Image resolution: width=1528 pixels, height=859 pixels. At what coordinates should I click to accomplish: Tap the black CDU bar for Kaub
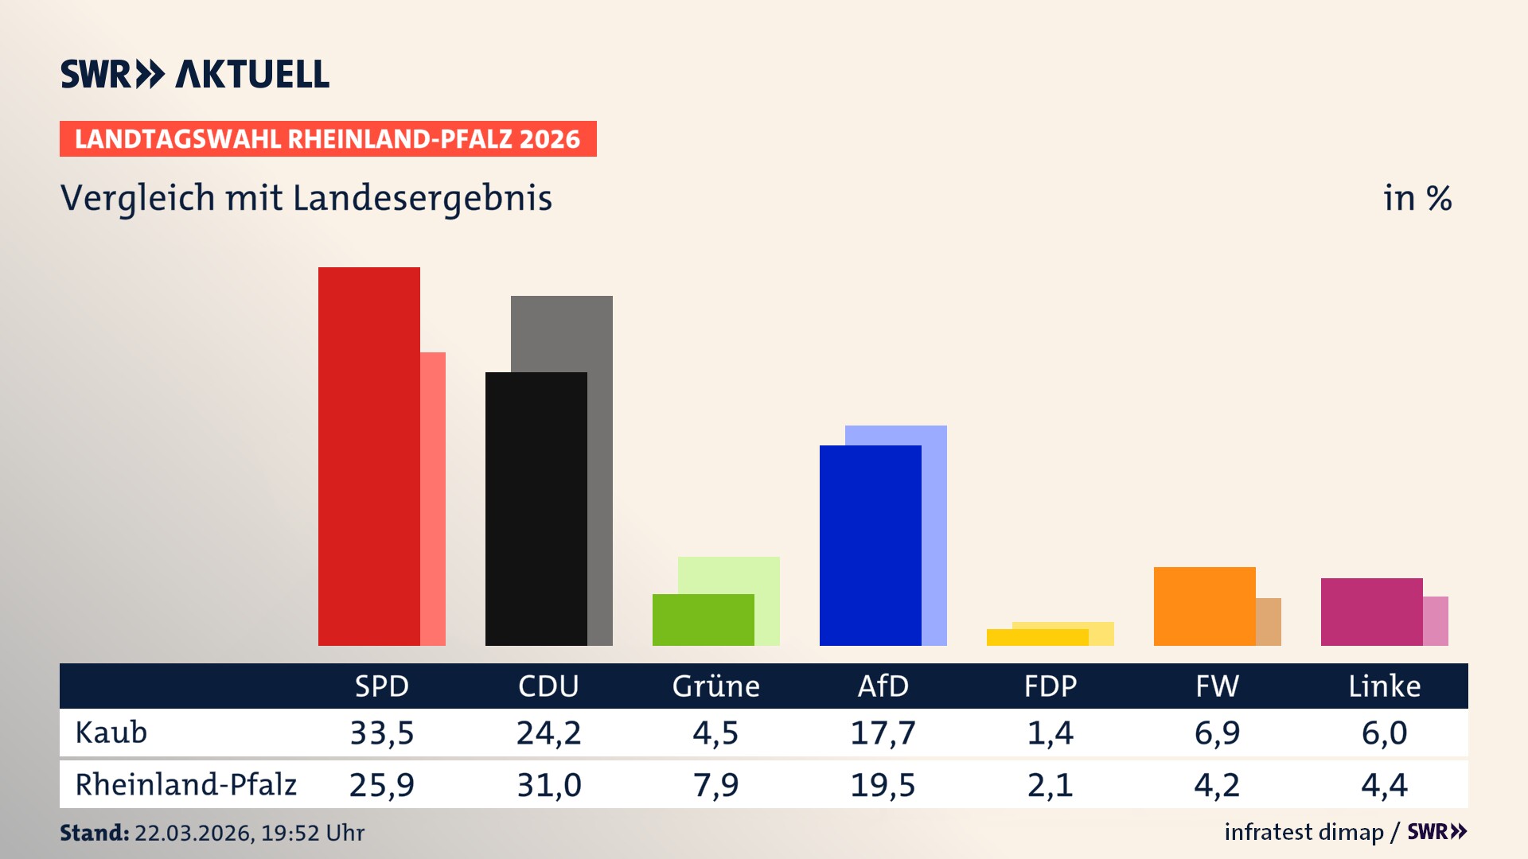tap(536, 509)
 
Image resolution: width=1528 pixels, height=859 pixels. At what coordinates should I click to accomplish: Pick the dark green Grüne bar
tap(703, 620)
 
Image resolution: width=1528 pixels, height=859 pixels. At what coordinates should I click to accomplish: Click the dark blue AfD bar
tap(870, 545)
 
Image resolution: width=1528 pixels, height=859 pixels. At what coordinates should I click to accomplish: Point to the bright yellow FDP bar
tap(1037, 637)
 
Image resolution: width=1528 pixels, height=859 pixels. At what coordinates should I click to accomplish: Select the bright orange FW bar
tap(1204, 606)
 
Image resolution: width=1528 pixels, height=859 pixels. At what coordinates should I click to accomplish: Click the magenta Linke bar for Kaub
tap(1371, 612)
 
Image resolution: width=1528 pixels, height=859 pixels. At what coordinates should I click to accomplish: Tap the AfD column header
tap(883, 686)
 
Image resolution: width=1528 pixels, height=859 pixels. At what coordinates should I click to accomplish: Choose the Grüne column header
tap(715, 686)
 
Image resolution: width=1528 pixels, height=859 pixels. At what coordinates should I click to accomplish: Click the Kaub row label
tap(111, 733)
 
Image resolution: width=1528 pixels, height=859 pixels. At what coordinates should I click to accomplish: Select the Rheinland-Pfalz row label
tap(185, 785)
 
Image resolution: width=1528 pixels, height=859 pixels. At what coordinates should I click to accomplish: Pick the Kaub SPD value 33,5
tap(382, 733)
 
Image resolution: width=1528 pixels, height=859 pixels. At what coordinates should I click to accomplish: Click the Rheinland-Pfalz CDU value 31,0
tap(549, 785)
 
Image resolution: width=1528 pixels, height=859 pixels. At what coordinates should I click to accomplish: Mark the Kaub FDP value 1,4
tap(1050, 733)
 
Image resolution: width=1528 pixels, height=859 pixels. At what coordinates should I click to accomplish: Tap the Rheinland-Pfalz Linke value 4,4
tap(1384, 785)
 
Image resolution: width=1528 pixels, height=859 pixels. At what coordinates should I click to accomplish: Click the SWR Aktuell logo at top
tap(195, 74)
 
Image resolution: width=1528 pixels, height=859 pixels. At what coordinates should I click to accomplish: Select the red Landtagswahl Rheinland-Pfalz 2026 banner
tap(328, 139)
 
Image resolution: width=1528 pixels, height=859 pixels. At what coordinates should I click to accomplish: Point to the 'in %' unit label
tap(1417, 198)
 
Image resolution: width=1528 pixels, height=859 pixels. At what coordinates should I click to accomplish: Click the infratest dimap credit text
tap(1304, 832)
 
